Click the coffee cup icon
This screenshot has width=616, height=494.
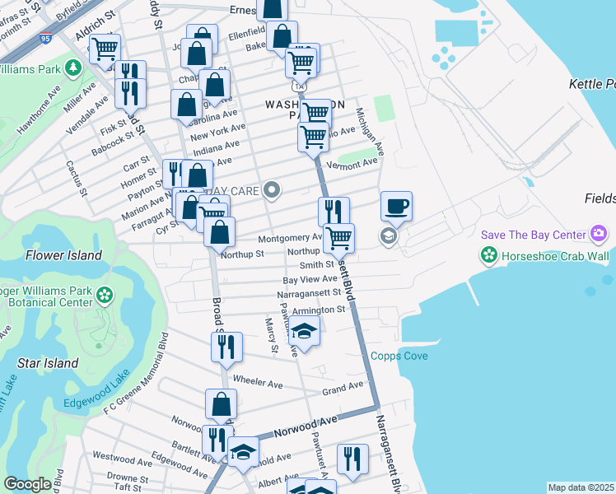click(x=396, y=206)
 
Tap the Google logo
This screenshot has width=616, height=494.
click(x=27, y=484)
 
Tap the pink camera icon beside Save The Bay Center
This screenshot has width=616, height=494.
click(x=599, y=235)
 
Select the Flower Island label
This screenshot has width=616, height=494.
click(x=63, y=255)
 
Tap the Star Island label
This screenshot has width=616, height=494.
click(x=49, y=363)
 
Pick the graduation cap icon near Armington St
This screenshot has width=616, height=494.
click(x=304, y=333)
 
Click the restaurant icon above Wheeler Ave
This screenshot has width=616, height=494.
click(x=226, y=347)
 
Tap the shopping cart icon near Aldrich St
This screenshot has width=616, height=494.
click(x=105, y=49)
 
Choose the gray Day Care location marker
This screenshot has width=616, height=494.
click(x=273, y=191)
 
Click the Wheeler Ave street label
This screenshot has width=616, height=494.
click(x=258, y=384)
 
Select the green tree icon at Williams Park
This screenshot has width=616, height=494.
click(x=72, y=67)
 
